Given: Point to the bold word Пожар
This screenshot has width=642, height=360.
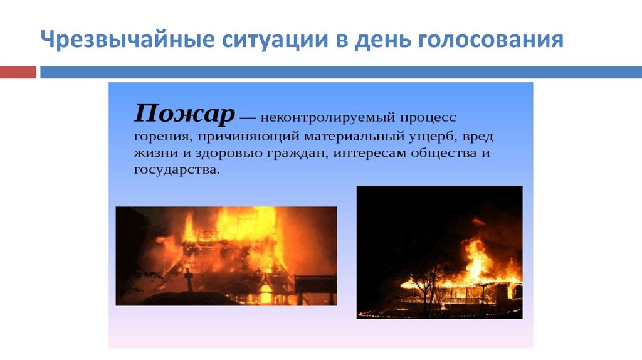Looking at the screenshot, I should tap(185, 114).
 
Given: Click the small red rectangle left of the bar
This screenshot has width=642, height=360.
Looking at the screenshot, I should tap(18, 72).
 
